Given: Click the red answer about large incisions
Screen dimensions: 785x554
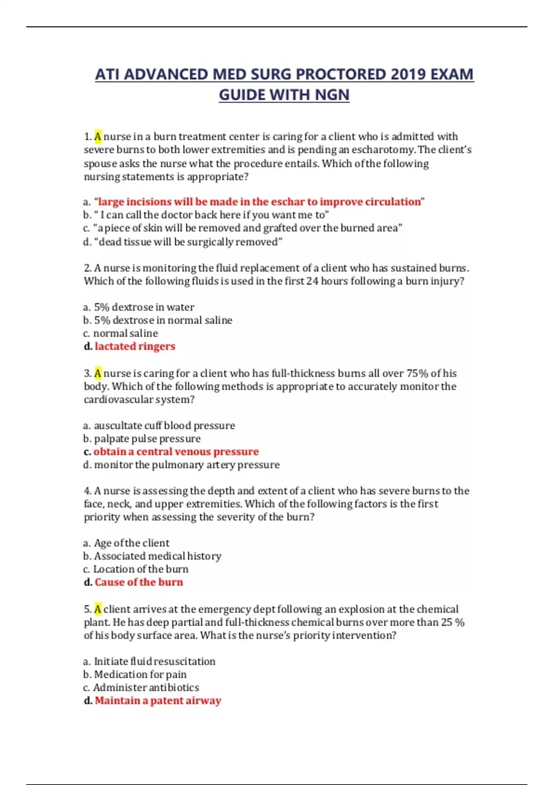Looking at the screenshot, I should click(x=259, y=202).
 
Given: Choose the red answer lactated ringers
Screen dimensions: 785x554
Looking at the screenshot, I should click(x=135, y=346).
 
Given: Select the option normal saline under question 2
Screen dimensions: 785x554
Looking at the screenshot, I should click(x=125, y=333).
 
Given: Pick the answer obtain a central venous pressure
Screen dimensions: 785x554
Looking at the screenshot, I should click(x=176, y=452).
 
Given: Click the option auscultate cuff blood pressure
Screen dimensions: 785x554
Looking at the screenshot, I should click(x=164, y=425).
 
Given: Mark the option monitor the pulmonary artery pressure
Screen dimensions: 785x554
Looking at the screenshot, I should click(x=187, y=465).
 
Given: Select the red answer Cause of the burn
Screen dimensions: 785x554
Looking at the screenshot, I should click(x=138, y=582).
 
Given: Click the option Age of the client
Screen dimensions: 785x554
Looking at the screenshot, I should click(x=131, y=543).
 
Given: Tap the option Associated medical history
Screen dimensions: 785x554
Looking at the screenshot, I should click(x=157, y=556).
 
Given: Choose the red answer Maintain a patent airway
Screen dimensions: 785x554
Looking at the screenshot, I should click(x=158, y=700).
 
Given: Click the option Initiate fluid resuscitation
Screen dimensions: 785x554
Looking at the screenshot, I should click(x=154, y=661).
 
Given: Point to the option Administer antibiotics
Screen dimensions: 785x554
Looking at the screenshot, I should click(x=146, y=688).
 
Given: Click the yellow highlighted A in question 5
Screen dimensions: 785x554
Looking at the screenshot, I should click(x=98, y=609).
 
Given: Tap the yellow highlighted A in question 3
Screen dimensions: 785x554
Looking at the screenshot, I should click(x=98, y=373).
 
